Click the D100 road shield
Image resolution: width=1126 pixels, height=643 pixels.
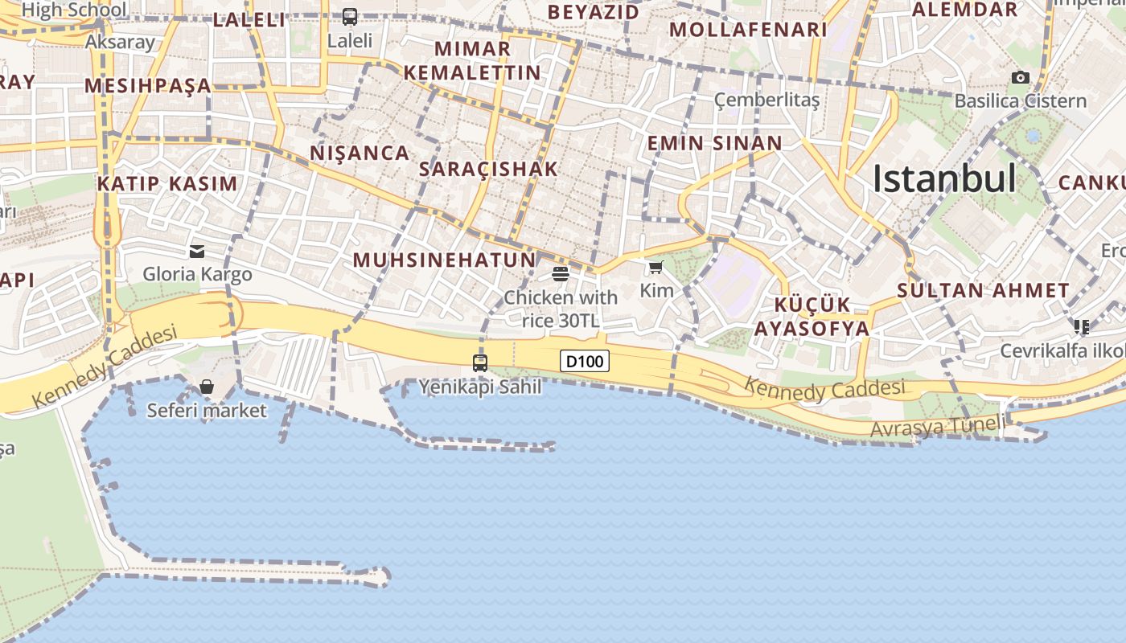585,362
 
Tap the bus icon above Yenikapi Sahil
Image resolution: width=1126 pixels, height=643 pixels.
480,362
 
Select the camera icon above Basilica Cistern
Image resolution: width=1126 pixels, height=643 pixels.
1021,77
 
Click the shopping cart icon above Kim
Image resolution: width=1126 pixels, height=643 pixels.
656,267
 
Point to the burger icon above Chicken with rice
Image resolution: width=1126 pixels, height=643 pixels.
561,274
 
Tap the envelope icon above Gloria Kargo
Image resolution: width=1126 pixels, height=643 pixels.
197,252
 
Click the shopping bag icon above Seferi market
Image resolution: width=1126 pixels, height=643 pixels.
207,387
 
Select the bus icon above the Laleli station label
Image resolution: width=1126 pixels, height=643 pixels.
350,16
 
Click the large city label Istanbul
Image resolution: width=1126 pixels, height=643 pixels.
944,178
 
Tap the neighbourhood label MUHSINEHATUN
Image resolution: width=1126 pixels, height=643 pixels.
444,260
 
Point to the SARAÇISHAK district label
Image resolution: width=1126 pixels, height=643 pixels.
488,169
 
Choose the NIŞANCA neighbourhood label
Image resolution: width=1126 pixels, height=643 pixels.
360,153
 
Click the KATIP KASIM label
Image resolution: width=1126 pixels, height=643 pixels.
167,183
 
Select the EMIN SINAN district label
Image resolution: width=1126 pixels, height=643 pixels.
714,144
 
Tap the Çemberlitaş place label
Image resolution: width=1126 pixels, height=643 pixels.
766,100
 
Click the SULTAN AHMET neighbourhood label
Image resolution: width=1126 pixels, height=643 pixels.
983,290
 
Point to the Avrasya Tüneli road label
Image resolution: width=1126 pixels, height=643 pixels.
937,427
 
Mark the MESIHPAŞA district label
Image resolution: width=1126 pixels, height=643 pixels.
147,85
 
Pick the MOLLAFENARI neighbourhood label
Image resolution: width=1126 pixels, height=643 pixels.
747,30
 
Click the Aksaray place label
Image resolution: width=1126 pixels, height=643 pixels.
120,42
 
